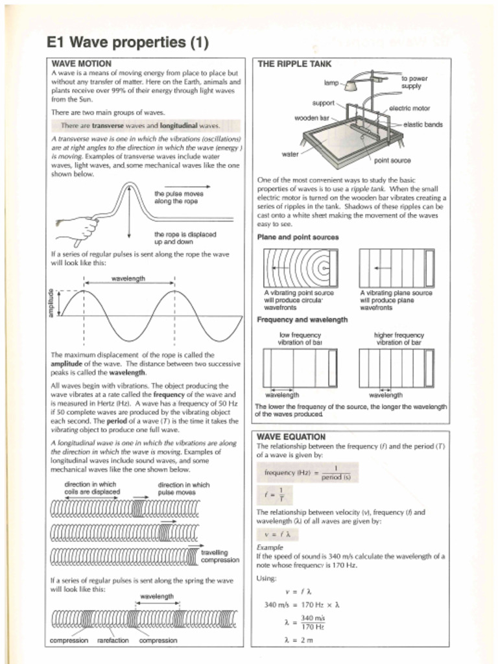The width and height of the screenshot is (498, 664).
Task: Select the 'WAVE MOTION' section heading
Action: tap(81, 64)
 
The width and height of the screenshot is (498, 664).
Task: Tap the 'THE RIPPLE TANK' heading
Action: tap(294, 64)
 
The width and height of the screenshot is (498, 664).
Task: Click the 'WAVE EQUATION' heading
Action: tap(291, 437)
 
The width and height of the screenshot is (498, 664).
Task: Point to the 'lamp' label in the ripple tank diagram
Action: tap(331, 83)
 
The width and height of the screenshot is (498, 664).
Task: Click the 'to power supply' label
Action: tap(414, 82)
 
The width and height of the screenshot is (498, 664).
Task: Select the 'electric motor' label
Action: tap(409, 108)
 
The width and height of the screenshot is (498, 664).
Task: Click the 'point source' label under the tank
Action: tap(392, 160)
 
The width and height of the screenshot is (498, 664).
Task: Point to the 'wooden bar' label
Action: tap(312, 118)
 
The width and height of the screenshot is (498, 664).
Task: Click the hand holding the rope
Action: tap(78, 228)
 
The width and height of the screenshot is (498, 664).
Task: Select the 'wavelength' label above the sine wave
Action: tap(128, 279)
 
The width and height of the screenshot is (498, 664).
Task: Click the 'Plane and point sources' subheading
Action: tap(298, 237)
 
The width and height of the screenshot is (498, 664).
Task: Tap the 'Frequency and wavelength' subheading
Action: tap(302, 320)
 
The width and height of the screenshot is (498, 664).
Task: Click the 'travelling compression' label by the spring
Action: tap(220, 556)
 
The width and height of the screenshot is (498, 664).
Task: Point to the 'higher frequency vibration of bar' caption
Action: tap(399, 338)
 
